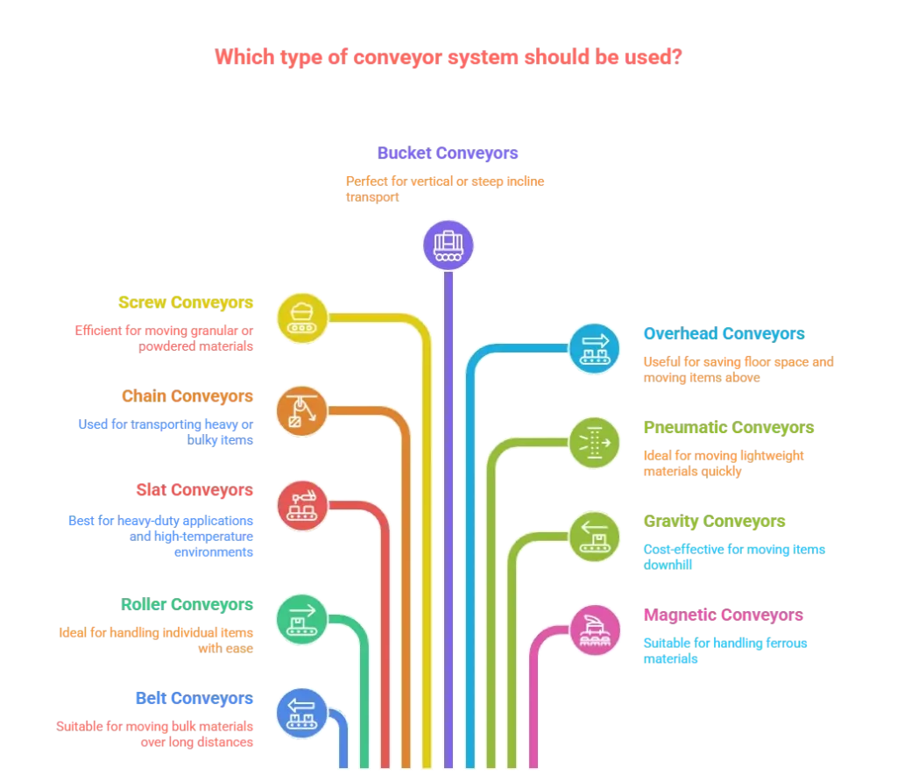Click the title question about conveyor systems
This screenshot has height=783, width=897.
(448, 58)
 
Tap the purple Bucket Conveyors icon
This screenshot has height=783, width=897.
(448, 244)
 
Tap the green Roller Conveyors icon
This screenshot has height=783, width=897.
(301, 617)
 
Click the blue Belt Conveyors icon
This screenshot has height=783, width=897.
(301, 711)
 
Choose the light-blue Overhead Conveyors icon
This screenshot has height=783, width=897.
(595, 348)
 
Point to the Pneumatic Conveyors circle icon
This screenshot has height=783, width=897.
(595, 442)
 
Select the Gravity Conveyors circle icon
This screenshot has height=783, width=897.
(595, 536)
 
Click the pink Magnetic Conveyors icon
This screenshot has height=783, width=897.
(595, 630)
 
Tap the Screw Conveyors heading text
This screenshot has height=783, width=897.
(186, 303)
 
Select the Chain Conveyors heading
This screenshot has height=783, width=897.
(187, 396)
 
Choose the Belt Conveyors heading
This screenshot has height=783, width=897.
(194, 698)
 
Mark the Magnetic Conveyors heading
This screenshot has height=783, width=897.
(723, 616)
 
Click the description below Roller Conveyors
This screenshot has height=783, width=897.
(158, 639)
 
